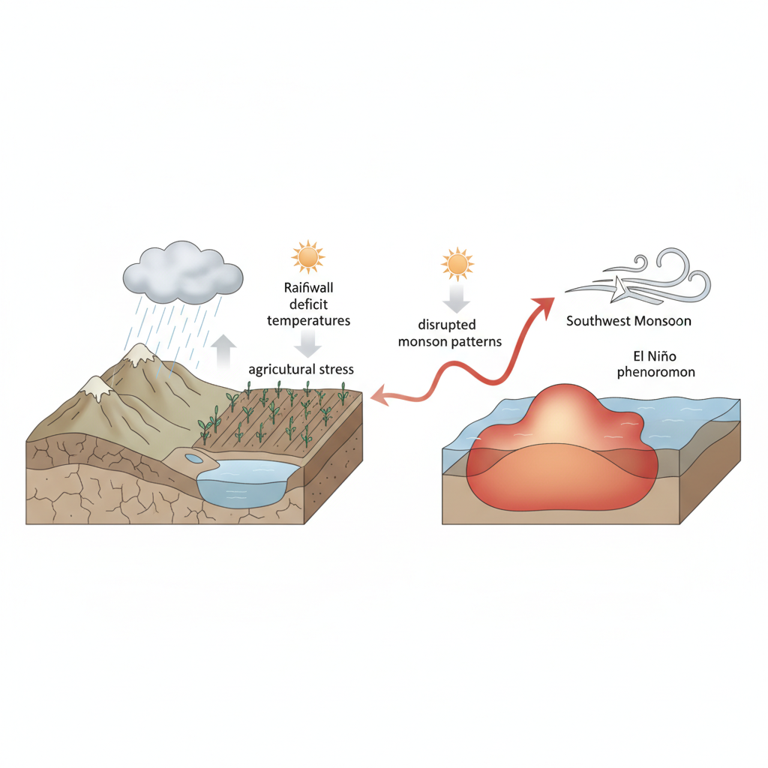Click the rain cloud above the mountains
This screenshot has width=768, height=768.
(183, 273)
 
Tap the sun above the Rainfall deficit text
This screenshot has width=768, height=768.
(307, 256)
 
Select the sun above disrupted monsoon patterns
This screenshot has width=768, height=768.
(457, 264)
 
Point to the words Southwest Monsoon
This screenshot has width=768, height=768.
(628, 321)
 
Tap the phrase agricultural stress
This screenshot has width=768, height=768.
(301, 369)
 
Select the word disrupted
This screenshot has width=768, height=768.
(447, 325)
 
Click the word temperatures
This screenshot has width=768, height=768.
(308, 321)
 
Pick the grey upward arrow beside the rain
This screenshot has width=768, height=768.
(223, 352)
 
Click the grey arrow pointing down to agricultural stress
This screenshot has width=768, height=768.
(308, 343)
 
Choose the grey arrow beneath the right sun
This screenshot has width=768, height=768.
(457, 298)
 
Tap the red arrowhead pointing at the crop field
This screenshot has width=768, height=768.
(379, 396)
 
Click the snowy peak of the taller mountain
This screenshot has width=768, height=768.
(139, 354)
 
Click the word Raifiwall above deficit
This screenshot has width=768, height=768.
(308, 287)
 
